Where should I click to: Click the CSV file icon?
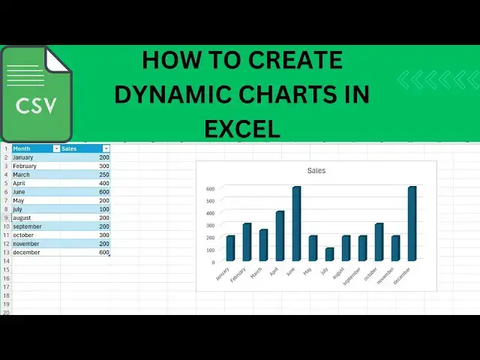pyautogui.click(x=36, y=94)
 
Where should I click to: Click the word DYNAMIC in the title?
pyautogui.click(x=172, y=94)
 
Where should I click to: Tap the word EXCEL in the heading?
pyautogui.click(x=241, y=128)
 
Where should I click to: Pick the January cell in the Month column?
pyautogui.click(x=25, y=157)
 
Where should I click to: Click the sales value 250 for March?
pyautogui.click(x=103, y=175)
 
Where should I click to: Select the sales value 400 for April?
pyautogui.click(x=103, y=183)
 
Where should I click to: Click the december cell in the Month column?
pyautogui.click(x=28, y=253)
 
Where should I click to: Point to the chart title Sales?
pyautogui.click(x=316, y=171)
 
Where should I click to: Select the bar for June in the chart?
pyautogui.click(x=296, y=223)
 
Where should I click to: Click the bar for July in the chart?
pyautogui.click(x=329, y=254)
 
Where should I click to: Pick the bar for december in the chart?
pyautogui.click(x=412, y=223)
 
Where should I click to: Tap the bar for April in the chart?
pyautogui.click(x=280, y=235)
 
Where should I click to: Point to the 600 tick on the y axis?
pyautogui.click(x=210, y=188)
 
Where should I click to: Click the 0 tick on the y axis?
pyautogui.click(x=213, y=262)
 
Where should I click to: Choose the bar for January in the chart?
pyautogui.click(x=230, y=248)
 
